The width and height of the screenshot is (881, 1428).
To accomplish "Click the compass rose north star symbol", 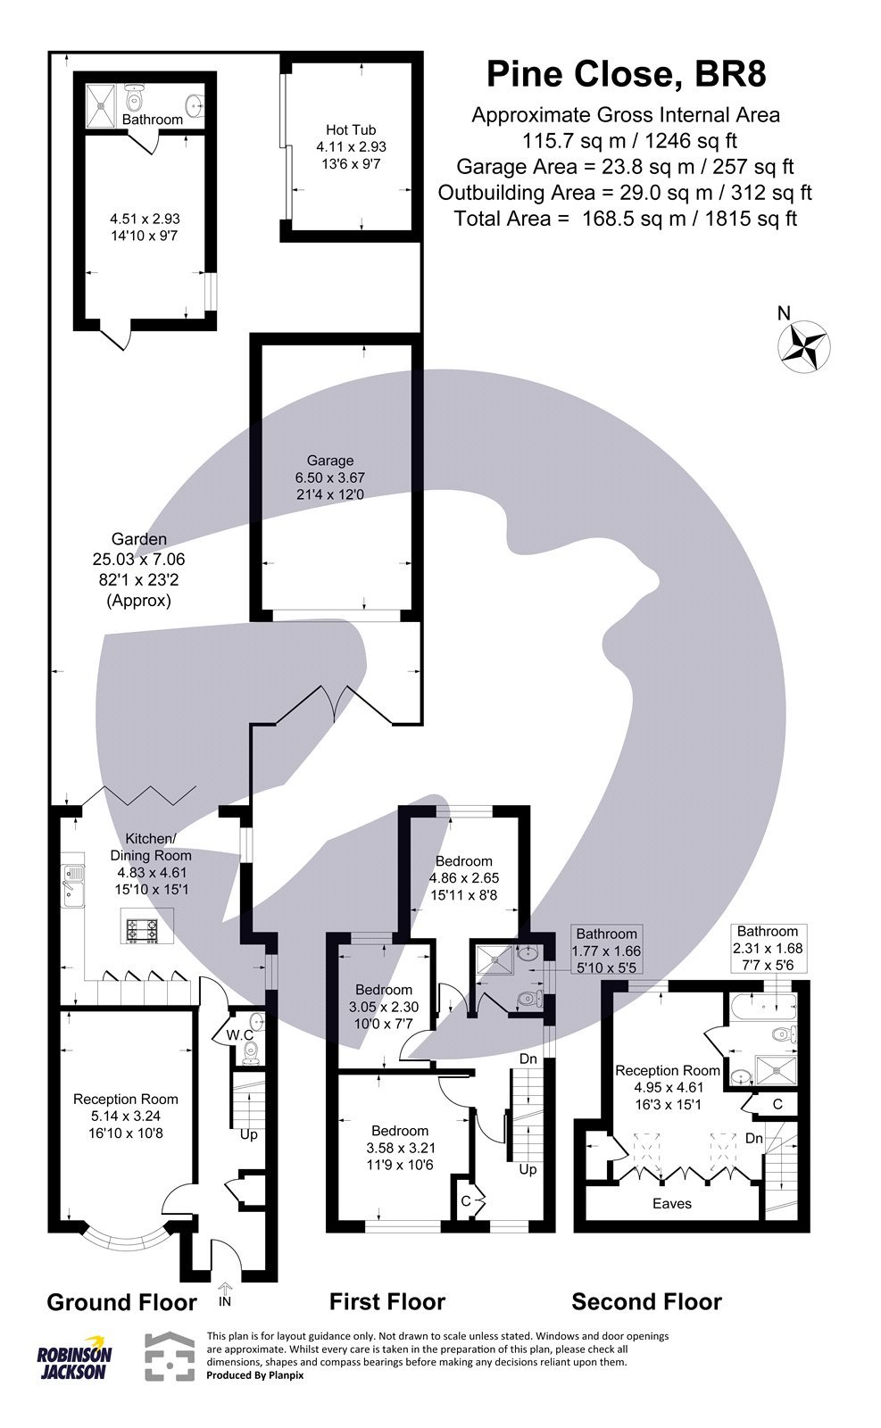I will [x=804, y=346].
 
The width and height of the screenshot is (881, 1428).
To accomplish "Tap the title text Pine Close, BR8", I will [x=626, y=74].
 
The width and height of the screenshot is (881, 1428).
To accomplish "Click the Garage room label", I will [x=330, y=461].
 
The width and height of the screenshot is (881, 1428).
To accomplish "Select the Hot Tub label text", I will [x=351, y=130].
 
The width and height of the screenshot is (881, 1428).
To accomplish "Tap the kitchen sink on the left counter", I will [x=71, y=884].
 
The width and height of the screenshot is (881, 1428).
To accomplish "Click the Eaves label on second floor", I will [x=671, y=1203].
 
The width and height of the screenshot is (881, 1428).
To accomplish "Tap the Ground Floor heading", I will [x=121, y=1302].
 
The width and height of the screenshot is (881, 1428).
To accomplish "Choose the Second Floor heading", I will [x=646, y=1302].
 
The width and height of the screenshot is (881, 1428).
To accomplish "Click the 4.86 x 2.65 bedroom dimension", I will [x=463, y=877].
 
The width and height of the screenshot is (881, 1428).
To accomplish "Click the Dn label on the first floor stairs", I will [x=528, y=1059].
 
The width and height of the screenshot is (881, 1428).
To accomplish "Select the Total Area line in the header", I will [x=625, y=218].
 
